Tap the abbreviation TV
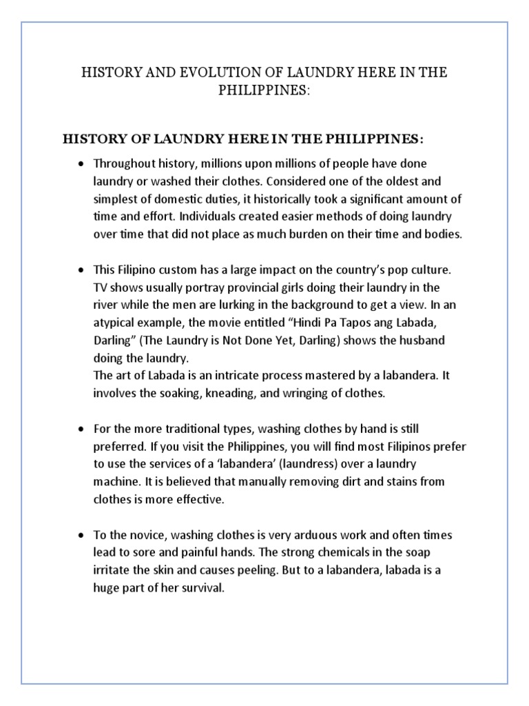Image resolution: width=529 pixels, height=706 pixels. [101, 288]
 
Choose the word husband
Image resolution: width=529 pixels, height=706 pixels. [428, 341]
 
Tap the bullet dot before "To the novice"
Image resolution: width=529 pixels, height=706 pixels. [81, 536]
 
